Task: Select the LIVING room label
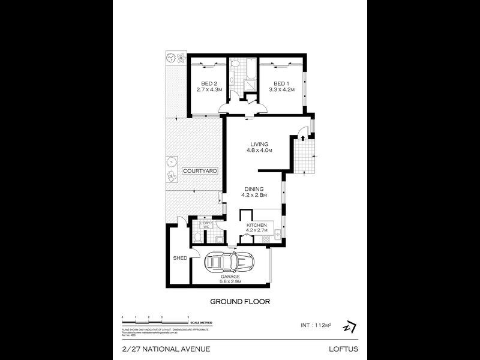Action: pos(259,144)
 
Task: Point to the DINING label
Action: pos(254,188)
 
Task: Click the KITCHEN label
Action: pos(256,225)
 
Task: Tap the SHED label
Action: pos(180,258)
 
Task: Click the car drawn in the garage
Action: pos(230,261)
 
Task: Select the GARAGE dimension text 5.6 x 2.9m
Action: pos(230,281)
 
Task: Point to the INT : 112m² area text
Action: pos(317,325)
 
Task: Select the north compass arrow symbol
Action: pos(349,327)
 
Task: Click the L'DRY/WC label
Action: pos(204,226)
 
